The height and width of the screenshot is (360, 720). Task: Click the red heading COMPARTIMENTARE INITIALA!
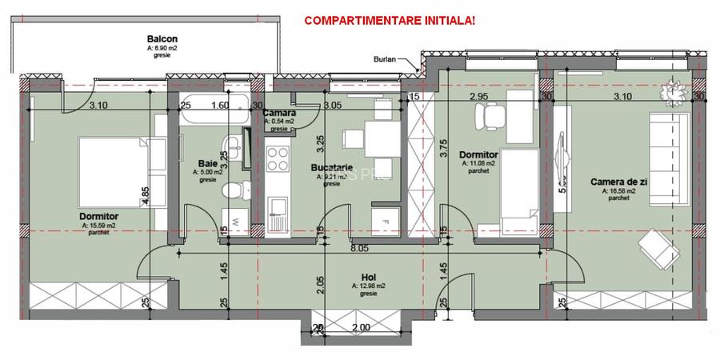389,20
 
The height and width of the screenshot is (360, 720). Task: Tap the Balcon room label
162,38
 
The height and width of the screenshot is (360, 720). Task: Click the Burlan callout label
385,59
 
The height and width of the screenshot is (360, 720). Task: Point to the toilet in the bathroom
232,190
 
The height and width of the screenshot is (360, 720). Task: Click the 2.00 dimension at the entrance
361,328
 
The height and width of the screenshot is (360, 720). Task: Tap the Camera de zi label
613,182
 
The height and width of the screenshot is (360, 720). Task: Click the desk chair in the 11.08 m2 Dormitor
490,117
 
